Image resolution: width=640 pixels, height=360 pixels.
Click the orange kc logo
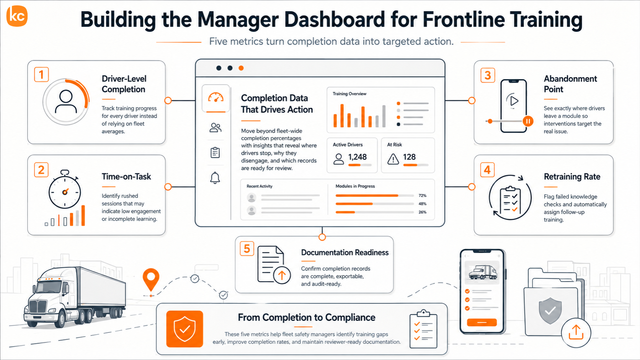click(x=17, y=16)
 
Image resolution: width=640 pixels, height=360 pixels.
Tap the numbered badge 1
click(x=41, y=75)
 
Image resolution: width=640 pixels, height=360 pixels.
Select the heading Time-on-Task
click(x=126, y=176)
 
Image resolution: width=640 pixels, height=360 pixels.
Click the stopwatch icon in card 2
click(x=65, y=189)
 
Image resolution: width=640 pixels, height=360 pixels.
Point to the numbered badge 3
click(x=487, y=75)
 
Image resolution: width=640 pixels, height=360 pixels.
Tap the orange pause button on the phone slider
click(x=528, y=121)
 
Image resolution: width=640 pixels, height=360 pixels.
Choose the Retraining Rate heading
click(x=572, y=176)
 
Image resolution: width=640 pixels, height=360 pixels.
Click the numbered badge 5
click(x=247, y=249)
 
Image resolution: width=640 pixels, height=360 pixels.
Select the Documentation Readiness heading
click(x=345, y=252)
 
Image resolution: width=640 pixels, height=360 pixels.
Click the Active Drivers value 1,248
click(x=357, y=157)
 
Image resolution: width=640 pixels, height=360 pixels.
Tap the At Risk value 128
click(x=409, y=157)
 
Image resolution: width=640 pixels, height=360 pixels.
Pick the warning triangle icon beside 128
click(x=393, y=159)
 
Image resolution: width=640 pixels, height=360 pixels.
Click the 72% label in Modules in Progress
click(x=422, y=195)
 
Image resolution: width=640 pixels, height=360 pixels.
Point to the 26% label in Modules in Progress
click(x=422, y=212)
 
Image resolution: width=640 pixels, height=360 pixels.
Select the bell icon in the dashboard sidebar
click(x=215, y=178)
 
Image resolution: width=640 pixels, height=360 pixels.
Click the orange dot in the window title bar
click(x=241, y=68)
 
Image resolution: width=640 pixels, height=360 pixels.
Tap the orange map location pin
click(x=151, y=280)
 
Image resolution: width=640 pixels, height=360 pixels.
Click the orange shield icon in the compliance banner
click(x=184, y=329)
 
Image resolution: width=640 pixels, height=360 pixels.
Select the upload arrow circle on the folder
click(x=576, y=332)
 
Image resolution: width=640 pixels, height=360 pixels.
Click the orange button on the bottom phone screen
click(x=482, y=322)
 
